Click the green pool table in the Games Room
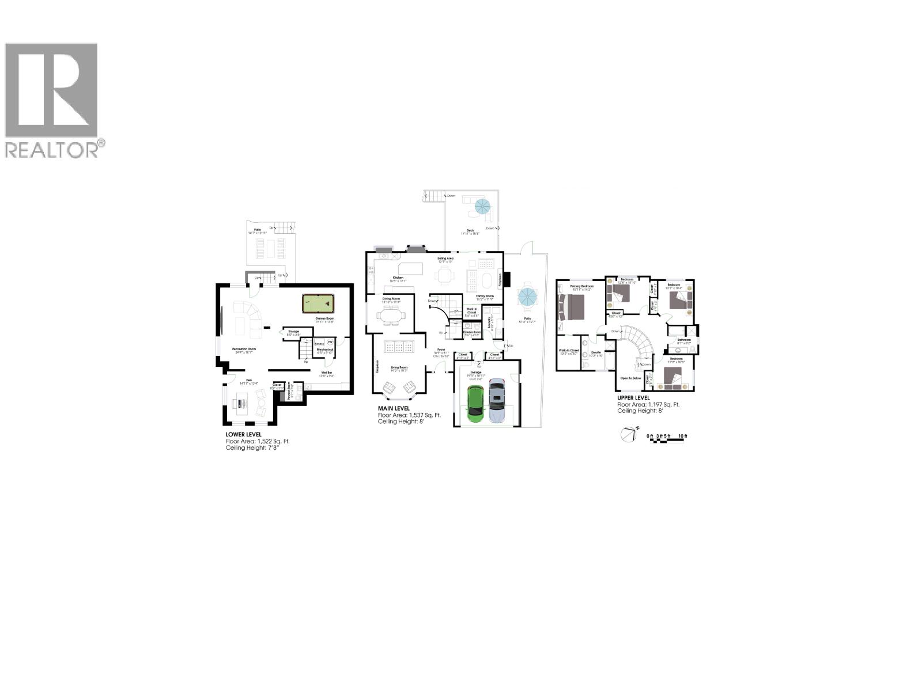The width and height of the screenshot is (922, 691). click(x=318, y=303)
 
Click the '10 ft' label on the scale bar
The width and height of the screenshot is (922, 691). click(x=683, y=436)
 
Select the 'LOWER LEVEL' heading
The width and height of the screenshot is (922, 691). click(x=243, y=435)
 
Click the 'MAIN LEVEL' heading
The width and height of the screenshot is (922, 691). click(x=394, y=408)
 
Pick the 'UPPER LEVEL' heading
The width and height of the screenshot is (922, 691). click(x=633, y=398)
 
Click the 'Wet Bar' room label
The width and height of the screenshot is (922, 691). click(x=327, y=373)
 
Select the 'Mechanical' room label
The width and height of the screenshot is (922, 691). click(x=325, y=350)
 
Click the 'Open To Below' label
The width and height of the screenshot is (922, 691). click(x=630, y=378)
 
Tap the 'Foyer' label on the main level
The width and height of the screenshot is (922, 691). click(x=441, y=350)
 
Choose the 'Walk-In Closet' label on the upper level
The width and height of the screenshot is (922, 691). click(x=568, y=350)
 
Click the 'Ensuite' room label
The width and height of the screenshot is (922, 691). click(x=596, y=352)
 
